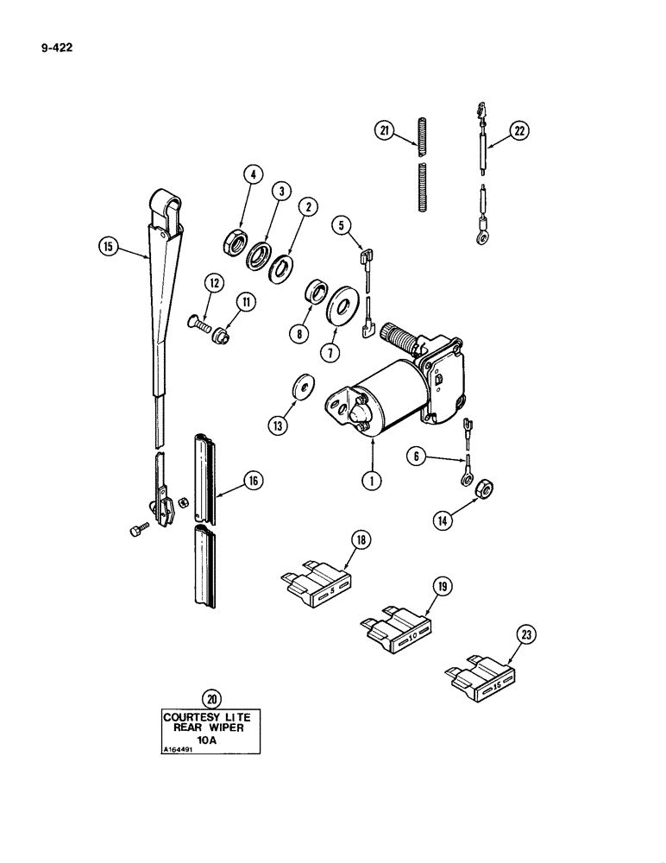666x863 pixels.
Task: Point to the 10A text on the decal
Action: pos(206,740)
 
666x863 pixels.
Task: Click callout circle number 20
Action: pos(208,698)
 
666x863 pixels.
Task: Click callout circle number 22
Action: pos(519,130)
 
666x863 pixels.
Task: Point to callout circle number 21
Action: pos(384,130)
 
